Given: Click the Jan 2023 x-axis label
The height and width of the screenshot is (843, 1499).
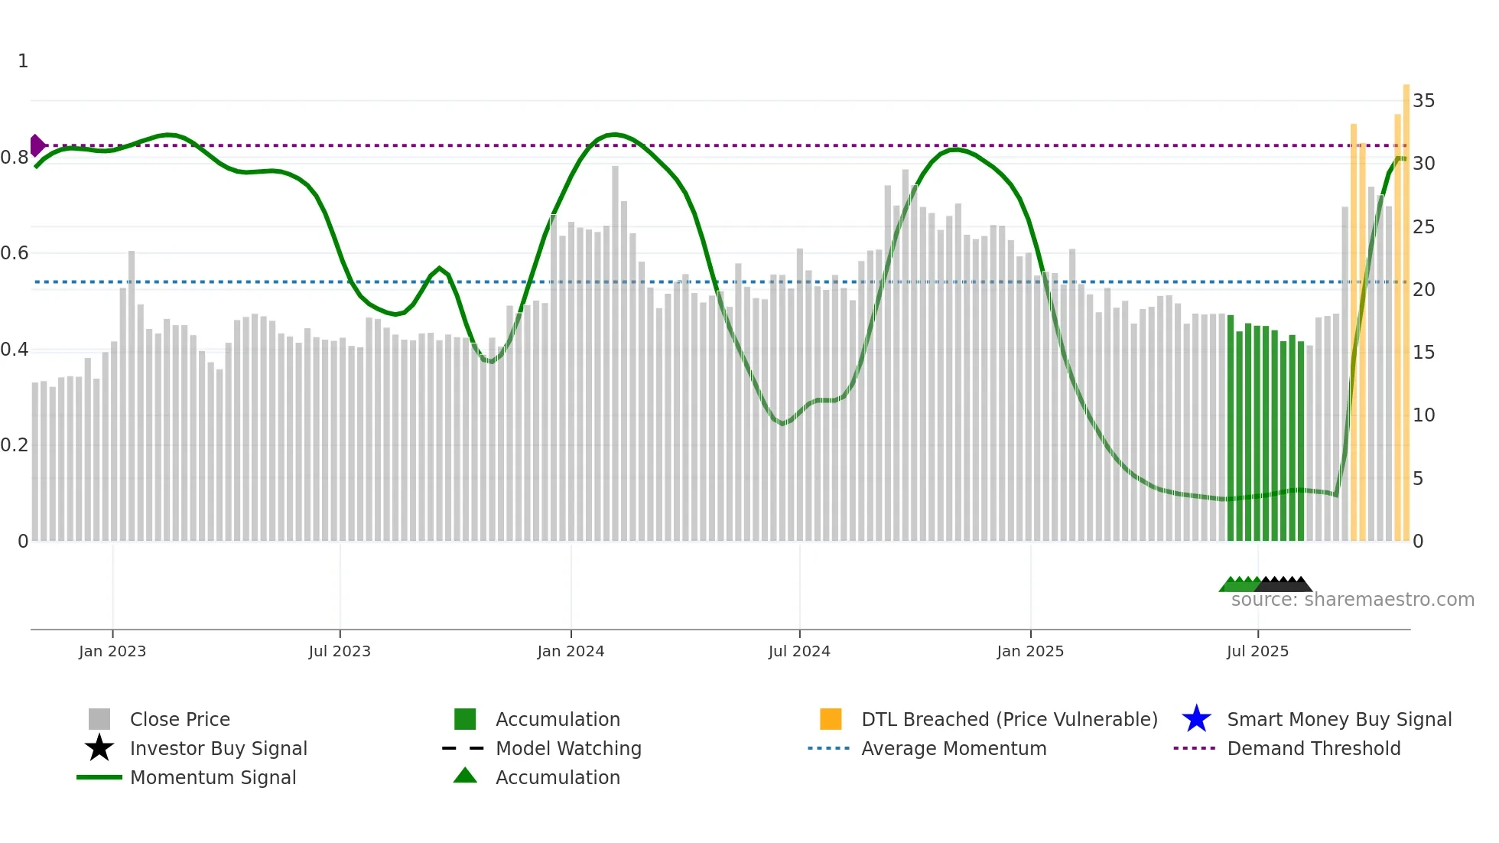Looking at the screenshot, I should point(112,651).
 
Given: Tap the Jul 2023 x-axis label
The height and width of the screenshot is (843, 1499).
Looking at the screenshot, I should point(340,651).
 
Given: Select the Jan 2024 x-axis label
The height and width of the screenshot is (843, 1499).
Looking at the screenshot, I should point(571,651).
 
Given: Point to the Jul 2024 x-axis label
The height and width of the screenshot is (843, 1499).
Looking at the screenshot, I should point(799,651).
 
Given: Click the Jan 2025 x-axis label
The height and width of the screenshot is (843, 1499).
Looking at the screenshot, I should point(1030,651).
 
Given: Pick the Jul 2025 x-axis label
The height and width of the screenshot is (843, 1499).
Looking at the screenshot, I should point(1257,651).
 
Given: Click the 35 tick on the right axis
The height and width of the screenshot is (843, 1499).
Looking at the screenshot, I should point(1423,101).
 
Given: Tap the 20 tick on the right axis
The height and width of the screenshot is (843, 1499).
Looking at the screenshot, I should point(1423,289).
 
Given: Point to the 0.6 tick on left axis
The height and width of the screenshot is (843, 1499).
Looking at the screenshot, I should point(15,253).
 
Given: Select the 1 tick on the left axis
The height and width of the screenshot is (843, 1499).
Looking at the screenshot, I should point(23,61).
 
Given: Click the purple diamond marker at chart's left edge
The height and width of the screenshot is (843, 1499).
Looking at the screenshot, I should point(37,145).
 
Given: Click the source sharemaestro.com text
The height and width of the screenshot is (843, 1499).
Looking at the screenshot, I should point(1352,600).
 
